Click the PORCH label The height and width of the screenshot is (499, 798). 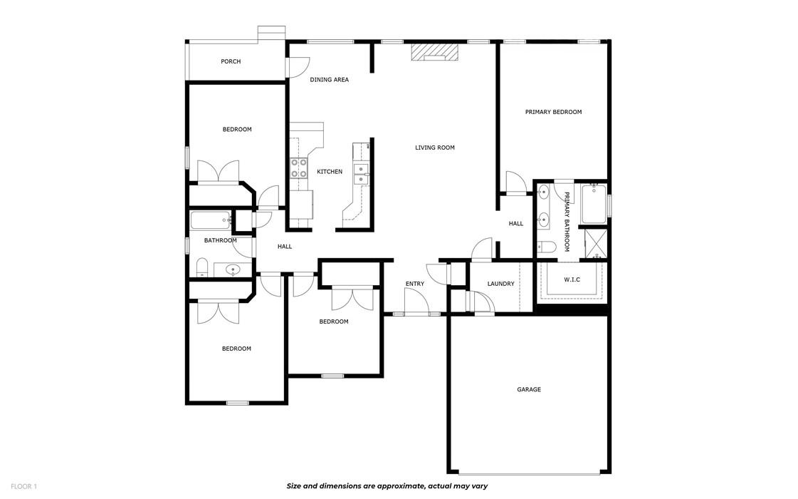[230, 61]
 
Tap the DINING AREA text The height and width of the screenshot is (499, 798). [329, 80]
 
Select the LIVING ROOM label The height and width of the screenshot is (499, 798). [434, 148]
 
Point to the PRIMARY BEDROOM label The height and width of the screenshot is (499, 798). [553, 112]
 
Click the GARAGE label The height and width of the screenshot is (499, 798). [528, 389]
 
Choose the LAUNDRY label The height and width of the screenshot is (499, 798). [500, 284]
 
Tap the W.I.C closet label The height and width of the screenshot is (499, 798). [572, 279]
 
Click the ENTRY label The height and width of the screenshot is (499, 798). [414, 284]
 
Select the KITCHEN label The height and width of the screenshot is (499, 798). [330, 172]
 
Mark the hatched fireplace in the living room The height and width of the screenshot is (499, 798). [434, 53]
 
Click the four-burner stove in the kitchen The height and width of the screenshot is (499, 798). [298, 168]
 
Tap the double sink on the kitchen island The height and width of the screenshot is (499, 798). [362, 175]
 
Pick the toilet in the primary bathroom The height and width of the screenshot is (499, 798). [546, 247]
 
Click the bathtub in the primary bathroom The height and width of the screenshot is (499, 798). [593, 204]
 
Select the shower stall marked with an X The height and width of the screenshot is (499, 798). [594, 244]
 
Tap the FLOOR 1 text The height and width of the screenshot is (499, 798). [23, 486]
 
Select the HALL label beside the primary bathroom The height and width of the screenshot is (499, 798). [515, 224]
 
